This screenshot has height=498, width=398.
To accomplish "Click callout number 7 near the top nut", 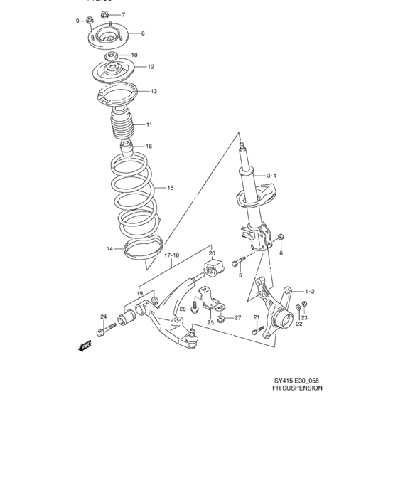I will [122, 15].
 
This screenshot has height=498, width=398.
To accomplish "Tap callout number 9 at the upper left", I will [79, 21].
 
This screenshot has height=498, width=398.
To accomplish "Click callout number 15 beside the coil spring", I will [170, 188].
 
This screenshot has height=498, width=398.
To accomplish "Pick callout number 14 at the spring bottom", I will [110, 249].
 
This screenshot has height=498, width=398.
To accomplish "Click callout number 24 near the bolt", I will [103, 317].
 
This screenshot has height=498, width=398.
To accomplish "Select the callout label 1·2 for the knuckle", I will [309, 291].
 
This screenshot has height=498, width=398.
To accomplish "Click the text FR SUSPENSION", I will [298, 389].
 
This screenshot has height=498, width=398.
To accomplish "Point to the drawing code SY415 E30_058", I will [298, 379].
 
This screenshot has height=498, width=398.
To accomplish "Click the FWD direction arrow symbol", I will [86, 346].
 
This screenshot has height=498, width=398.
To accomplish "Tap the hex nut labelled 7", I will [104, 14].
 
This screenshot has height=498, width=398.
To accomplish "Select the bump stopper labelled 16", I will [127, 152].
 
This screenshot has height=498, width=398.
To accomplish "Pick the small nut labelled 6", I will [280, 237].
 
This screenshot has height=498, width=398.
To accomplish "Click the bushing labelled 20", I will [214, 269].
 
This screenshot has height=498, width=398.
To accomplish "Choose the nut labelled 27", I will [222, 319].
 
